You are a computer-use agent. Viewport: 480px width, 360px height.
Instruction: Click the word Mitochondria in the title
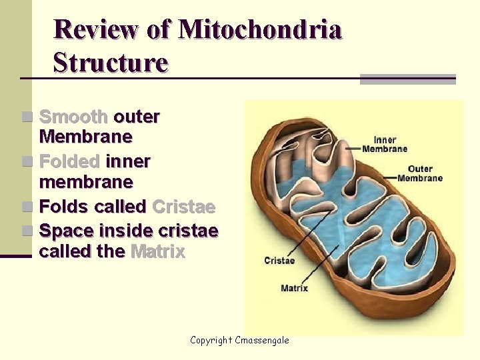(x=261, y=30)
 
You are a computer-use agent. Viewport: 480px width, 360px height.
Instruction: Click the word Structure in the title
(x=111, y=63)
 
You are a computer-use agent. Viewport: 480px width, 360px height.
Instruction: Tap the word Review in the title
(x=97, y=30)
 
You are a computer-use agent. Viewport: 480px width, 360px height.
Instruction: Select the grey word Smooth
(x=73, y=117)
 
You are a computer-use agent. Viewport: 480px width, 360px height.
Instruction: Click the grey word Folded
(x=69, y=162)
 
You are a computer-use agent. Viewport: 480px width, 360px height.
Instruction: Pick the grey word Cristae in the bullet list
(x=183, y=207)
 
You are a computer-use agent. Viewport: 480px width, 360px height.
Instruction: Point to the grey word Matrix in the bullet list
(x=158, y=252)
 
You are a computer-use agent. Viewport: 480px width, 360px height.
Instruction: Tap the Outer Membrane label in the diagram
(x=420, y=173)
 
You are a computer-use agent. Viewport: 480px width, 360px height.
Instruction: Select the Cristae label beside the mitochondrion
(x=279, y=261)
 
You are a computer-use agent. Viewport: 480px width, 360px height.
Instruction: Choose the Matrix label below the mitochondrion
(x=294, y=289)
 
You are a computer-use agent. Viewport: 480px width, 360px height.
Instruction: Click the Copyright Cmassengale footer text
(x=239, y=341)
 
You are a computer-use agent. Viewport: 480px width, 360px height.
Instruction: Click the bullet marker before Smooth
(x=27, y=117)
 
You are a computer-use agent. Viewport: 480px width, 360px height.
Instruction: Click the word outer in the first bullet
(x=137, y=117)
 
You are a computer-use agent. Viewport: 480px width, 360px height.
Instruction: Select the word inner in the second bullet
(x=128, y=162)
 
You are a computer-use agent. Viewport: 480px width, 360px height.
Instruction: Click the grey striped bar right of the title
(x=407, y=79)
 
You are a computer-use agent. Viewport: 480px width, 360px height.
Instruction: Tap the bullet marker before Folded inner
(x=27, y=162)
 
